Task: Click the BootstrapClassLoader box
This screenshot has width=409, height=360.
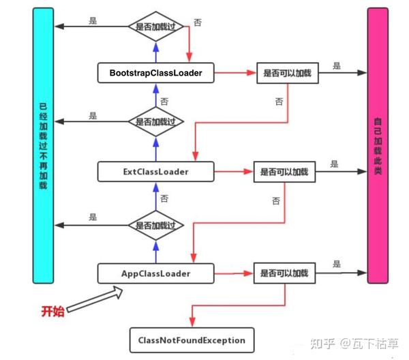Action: (x=155, y=73)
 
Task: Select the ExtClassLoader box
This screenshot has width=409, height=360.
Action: (x=155, y=172)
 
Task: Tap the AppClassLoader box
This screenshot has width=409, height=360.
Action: (x=155, y=273)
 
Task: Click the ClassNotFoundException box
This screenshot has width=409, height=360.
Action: (x=192, y=340)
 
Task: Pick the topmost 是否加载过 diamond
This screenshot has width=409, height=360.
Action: (x=156, y=27)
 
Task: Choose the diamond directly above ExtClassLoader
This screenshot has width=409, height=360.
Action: (x=156, y=121)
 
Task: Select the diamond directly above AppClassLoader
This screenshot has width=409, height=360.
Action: (x=156, y=226)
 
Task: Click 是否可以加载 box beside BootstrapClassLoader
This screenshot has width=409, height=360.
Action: (x=288, y=73)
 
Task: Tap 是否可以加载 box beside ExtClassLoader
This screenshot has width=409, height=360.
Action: (x=284, y=172)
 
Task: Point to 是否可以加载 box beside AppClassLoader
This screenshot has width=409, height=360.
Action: (x=284, y=273)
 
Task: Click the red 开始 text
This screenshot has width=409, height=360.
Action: (x=52, y=311)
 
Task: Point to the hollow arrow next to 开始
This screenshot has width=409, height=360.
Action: (x=95, y=299)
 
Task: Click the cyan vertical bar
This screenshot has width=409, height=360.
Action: (x=43, y=145)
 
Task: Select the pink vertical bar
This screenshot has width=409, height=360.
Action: (x=378, y=145)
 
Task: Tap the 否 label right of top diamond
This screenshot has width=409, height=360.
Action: (x=198, y=22)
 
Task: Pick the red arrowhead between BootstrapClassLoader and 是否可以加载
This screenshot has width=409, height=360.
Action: (x=252, y=73)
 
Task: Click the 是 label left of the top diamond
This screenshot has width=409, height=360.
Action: (x=93, y=20)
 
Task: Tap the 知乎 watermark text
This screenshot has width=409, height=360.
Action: (x=322, y=344)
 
